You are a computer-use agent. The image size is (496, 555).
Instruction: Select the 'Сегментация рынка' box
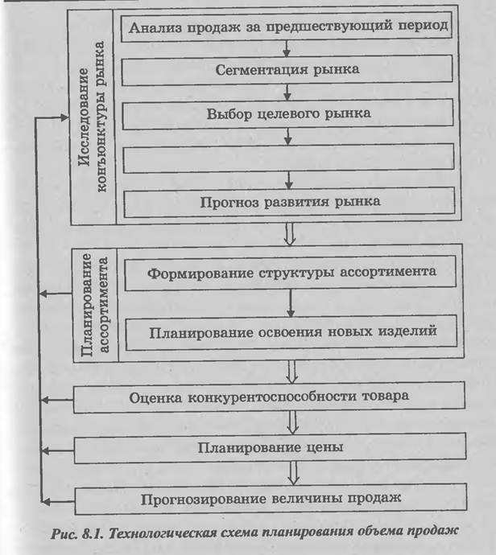[x=287, y=69]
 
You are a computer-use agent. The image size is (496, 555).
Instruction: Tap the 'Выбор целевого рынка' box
[x=287, y=113]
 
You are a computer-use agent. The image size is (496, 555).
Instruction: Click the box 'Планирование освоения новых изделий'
[x=291, y=330]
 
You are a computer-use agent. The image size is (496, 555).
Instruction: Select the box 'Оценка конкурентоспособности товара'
[x=269, y=397]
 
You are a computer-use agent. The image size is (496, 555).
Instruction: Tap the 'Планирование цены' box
[x=269, y=446]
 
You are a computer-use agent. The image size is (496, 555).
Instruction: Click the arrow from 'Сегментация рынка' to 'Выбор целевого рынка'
[x=287, y=91]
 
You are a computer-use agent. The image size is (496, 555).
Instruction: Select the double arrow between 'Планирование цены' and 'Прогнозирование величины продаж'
[x=291, y=471]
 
